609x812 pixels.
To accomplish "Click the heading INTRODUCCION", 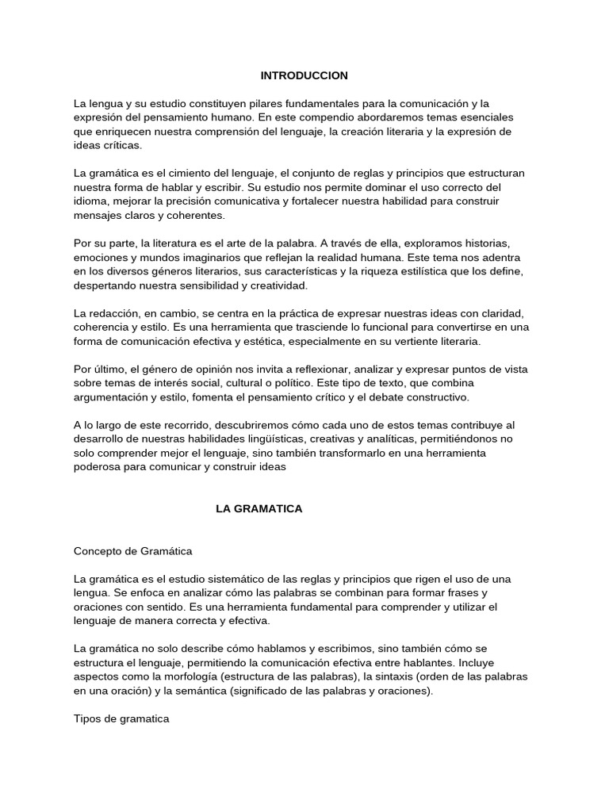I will pyautogui.click(x=304, y=75).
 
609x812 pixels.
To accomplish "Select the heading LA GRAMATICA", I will pyautogui.click(x=259, y=508).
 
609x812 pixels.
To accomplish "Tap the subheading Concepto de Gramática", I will pyautogui.click(x=133, y=550).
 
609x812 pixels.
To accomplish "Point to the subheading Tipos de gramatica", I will pyautogui.click(x=121, y=718).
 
